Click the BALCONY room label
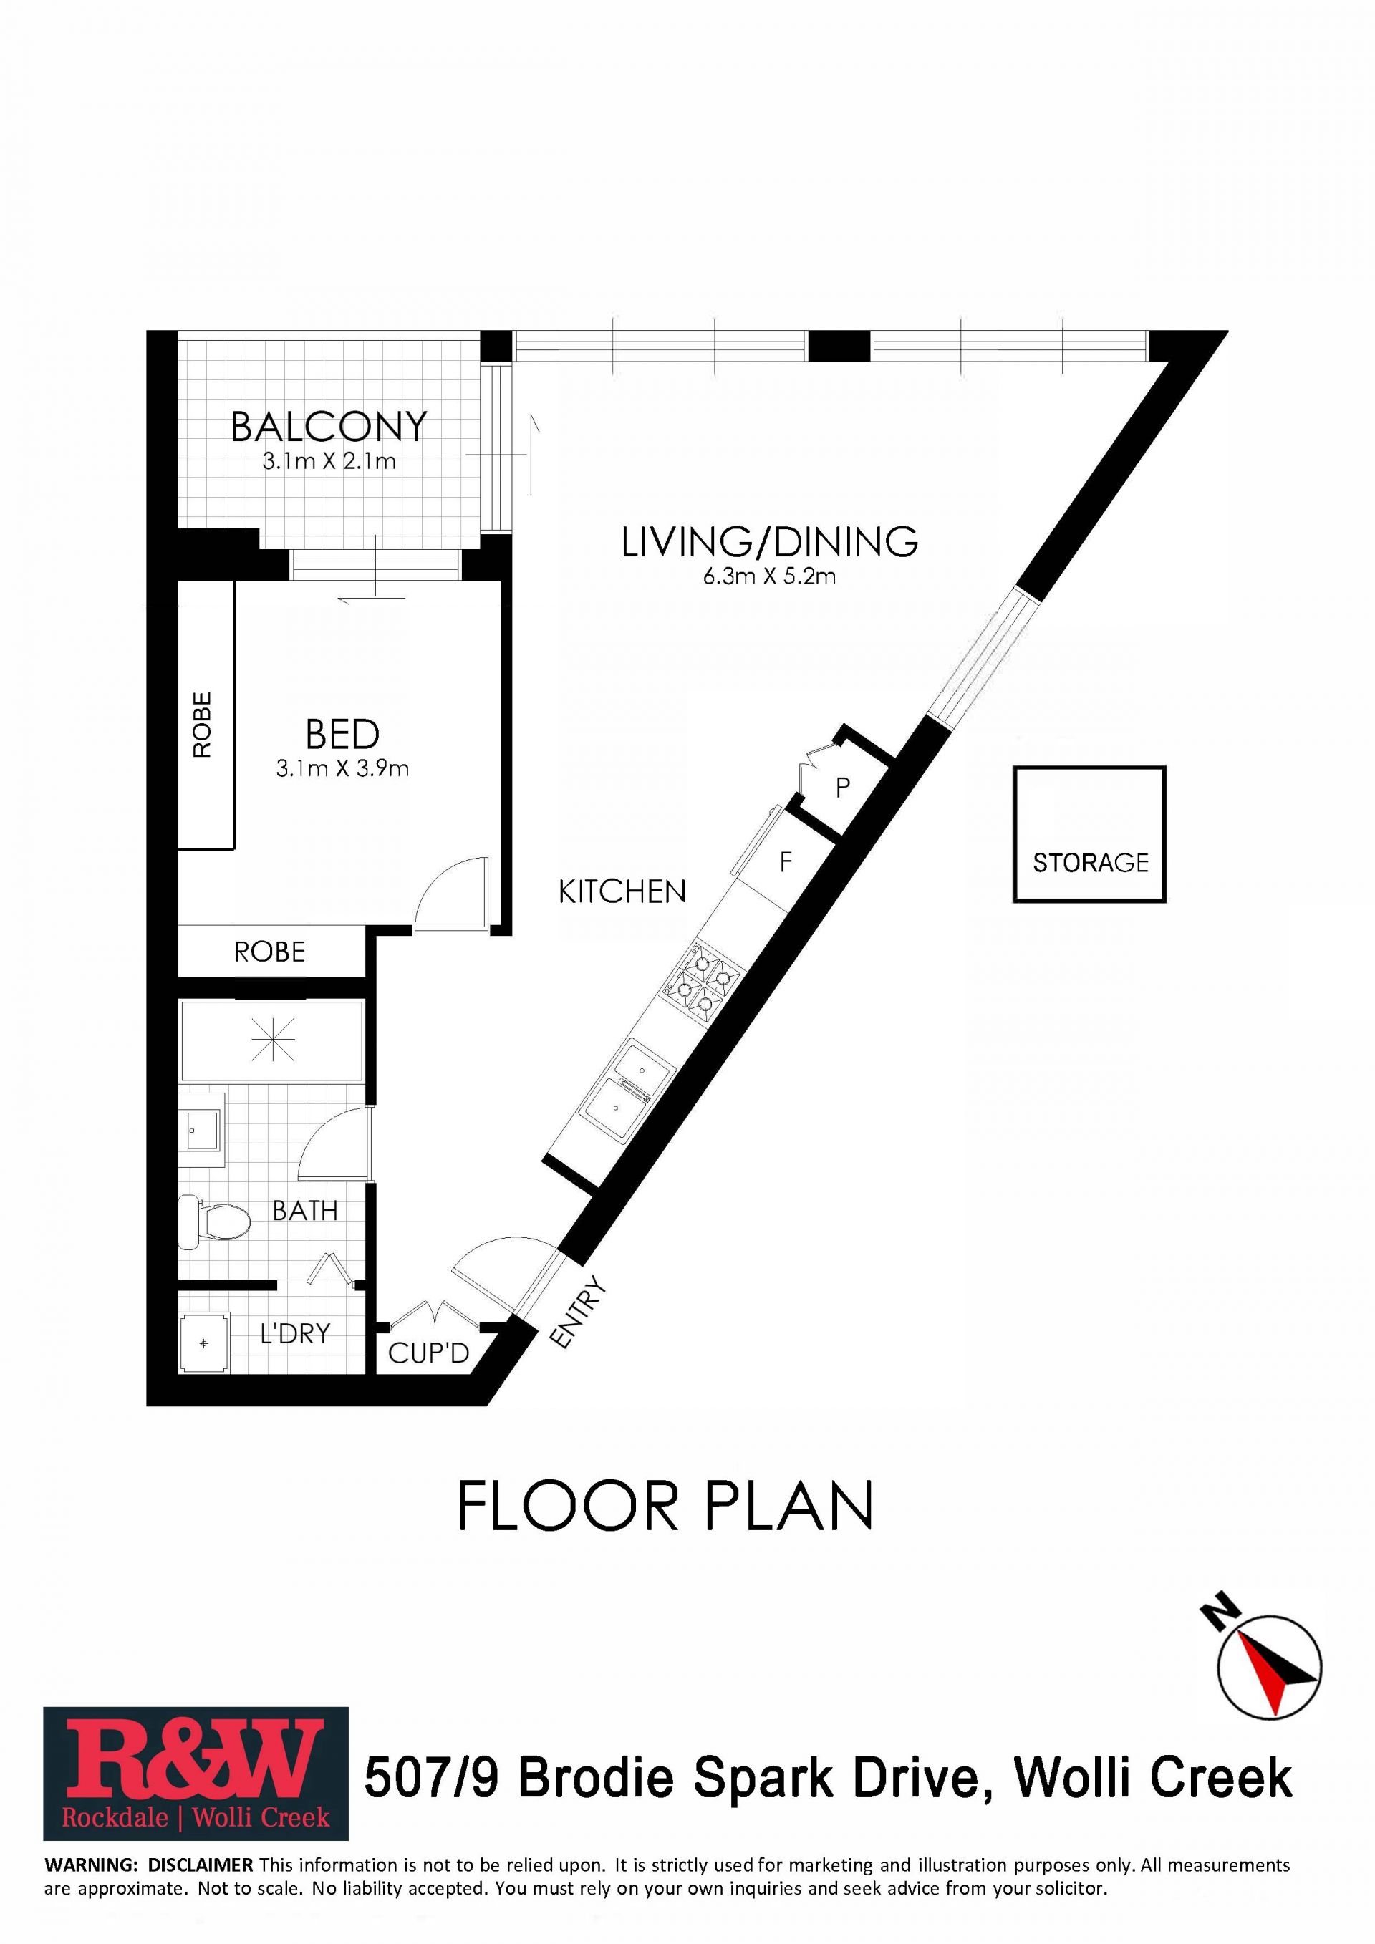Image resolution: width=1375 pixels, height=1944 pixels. [329, 427]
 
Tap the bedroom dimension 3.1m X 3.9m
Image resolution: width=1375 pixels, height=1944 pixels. [342, 769]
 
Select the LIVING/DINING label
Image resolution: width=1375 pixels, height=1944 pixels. [770, 542]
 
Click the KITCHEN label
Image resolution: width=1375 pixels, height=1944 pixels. [622, 891]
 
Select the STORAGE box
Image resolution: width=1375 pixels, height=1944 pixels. [1090, 834]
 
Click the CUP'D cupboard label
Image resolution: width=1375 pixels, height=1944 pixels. [428, 1353]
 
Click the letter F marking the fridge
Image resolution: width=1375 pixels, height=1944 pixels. [786, 863]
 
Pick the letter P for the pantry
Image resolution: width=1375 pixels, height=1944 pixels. [842, 788]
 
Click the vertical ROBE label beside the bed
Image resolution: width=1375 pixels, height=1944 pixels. [203, 725]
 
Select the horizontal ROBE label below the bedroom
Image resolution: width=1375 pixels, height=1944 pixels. [269, 952]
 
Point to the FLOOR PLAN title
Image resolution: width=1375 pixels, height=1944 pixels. [665, 1507]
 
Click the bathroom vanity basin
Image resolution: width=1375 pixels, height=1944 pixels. [201, 1129]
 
